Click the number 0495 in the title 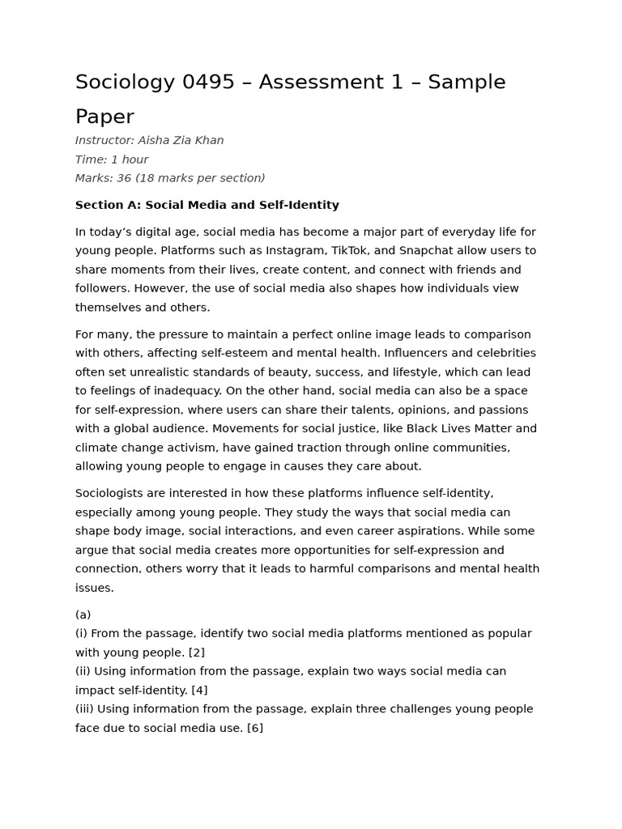(208, 83)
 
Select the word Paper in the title (104, 117)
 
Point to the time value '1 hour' (130, 159)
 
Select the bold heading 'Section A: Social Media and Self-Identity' (207, 205)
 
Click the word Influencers (420, 354)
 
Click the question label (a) (83, 615)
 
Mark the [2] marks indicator (196, 653)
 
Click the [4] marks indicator (198, 691)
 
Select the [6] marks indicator (254, 729)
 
